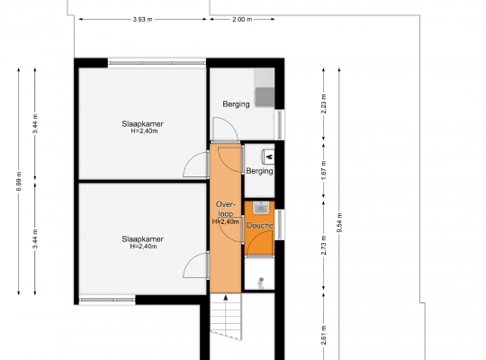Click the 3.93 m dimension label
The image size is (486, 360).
tap(142, 19)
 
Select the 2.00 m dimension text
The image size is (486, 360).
tap(242, 19)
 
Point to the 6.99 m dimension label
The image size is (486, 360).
tap(19, 181)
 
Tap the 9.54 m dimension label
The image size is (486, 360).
tap(339, 222)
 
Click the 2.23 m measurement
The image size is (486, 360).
tap(324, 103)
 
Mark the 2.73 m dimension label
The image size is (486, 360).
tap(324, 246)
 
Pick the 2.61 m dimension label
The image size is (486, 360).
tap(324, 335)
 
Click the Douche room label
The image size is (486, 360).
tap(260, 225)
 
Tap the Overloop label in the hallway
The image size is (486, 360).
tap(226, 209)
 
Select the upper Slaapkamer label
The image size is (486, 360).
tap(142, 123)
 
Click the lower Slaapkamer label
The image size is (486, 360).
tap(142, 239)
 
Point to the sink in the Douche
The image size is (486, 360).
tap(260, 207)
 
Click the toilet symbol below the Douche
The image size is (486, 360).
tap(261, 283)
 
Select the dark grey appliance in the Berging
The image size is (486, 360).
tap(265, 96)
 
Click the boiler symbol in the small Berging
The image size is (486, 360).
tap(268, 157)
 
